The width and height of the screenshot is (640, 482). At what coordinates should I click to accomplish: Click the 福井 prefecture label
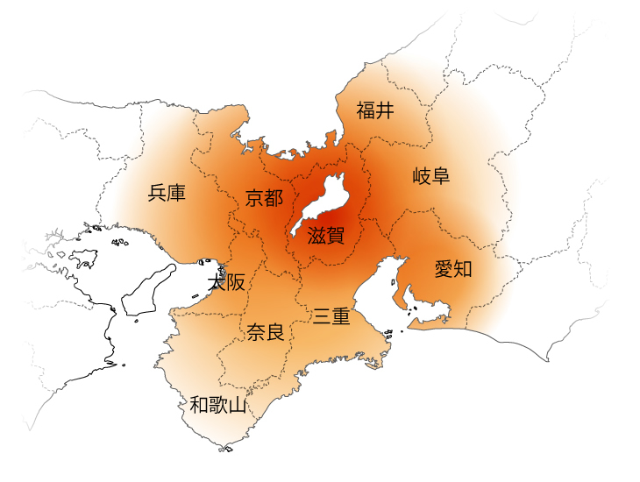[375, 110]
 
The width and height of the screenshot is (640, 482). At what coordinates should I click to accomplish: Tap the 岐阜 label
[431, 176]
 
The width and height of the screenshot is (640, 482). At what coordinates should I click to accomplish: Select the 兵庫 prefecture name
[167, 193]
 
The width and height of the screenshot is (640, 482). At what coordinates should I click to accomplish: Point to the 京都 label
[264, 198]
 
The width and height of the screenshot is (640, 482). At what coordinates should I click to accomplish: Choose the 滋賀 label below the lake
[326, 235]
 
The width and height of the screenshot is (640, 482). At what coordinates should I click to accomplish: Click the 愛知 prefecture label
[453, 269]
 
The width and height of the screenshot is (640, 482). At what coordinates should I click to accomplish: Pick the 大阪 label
[226, 282]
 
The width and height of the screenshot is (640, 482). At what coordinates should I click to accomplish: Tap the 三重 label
[332, 316]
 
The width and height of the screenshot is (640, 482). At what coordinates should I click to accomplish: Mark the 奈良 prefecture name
[265, 332]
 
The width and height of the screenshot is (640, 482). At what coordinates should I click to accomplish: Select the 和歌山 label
[218, 405]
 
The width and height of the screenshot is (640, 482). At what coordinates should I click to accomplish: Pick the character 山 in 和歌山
[237, 405]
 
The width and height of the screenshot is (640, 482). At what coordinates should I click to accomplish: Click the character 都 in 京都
[274, 198]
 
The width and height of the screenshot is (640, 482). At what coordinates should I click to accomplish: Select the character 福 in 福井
[366, 110]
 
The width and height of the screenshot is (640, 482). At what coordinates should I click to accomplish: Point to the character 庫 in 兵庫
[176, 193]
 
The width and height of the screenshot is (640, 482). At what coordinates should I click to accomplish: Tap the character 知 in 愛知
[463, 269]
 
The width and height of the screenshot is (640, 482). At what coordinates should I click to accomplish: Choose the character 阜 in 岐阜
[441, 176]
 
